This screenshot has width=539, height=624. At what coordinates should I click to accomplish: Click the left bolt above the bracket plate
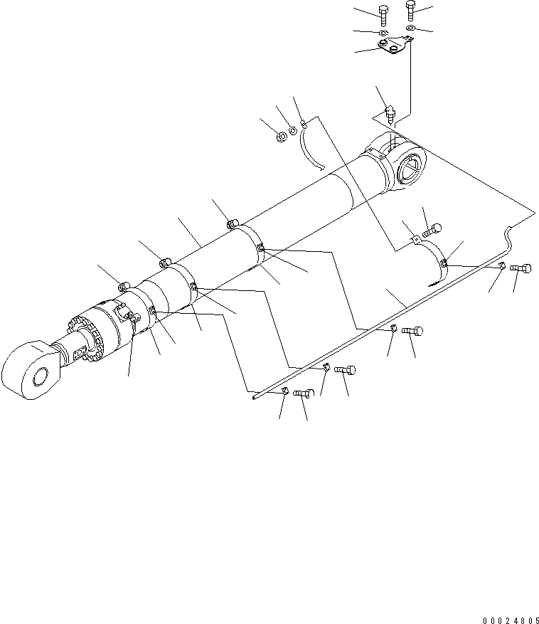[x=383, y=13]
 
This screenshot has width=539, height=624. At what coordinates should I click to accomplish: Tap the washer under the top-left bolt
[x=383, y=33]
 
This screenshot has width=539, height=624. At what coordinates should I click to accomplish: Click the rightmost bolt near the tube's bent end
[x=520, y=269]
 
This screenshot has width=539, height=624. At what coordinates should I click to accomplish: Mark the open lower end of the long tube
[x=254, y=399]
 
